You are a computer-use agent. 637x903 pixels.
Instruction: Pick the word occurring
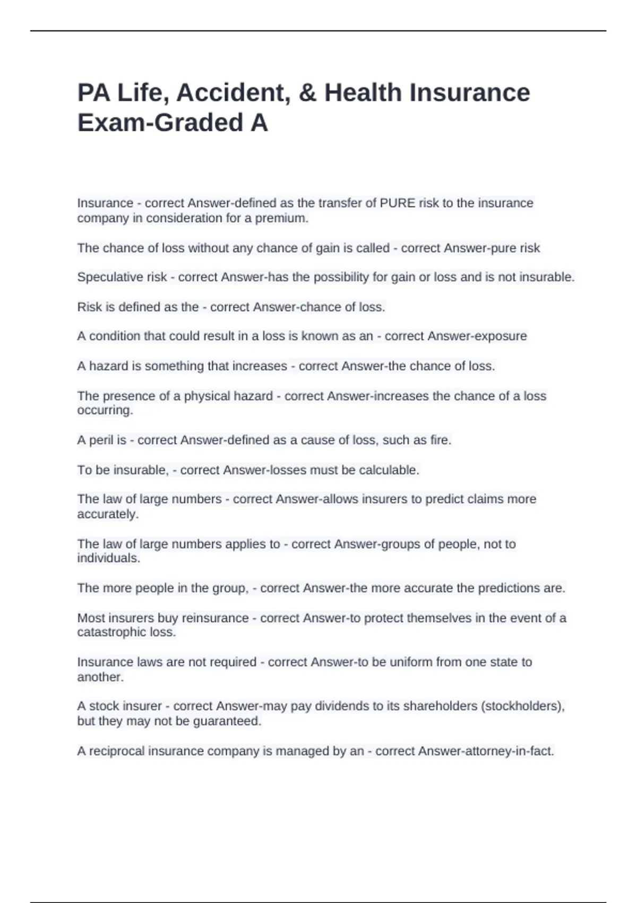coord(105,411)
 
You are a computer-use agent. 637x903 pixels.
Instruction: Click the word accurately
coord(108,514)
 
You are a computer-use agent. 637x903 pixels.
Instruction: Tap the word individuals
coord(109,558)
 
